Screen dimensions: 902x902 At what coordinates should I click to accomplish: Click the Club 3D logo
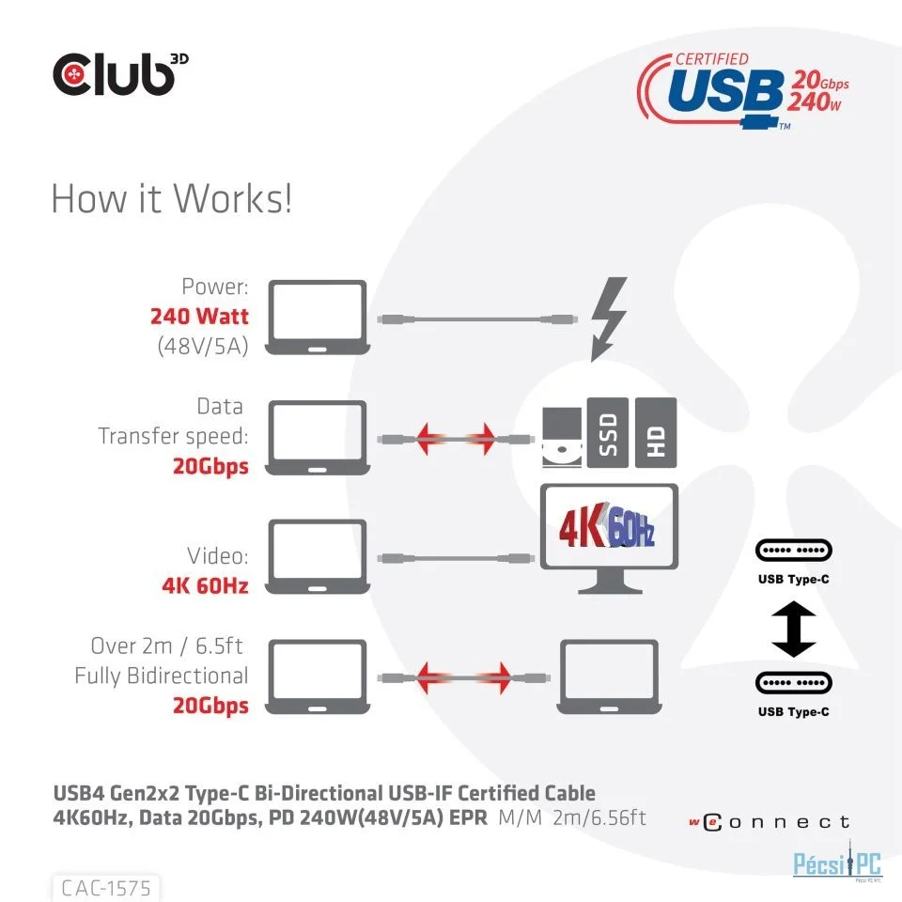tap(120, 74)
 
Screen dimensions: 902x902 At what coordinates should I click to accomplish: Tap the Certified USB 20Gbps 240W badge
tap(742, 91)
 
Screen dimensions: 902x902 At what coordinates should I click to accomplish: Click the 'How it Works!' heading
tap(171, 198)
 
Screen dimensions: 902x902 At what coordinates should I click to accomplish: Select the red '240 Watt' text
tap(199, 316)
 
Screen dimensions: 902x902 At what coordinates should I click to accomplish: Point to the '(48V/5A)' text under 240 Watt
tap(203, 346)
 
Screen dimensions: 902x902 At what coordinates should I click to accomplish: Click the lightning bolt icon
tap(609, 319)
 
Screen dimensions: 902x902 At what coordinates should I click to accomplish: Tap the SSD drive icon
tap(608, 432)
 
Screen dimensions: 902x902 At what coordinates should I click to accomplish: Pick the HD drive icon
tap(656, 432)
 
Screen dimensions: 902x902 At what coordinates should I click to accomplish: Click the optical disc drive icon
tap(562, 437)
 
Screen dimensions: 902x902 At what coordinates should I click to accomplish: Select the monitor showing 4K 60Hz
tap(609, 537)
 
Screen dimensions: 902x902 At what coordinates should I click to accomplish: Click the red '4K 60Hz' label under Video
tap(205, 585)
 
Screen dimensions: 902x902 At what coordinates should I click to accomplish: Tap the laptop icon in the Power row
tap(317, 318)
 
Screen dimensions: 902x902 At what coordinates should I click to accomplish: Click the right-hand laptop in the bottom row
tap(609, 677)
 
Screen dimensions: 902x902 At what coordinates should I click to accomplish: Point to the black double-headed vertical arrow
tap(793, 629)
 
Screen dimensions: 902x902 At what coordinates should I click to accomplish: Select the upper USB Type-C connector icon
tap(793, 551)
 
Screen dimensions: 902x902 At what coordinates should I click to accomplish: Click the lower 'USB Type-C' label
tap(793, 711)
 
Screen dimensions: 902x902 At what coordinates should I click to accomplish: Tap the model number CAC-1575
tap(106, 888)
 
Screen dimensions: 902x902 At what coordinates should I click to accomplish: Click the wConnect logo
tap(770, 822)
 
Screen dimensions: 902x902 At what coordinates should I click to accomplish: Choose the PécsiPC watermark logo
tap(837, 863)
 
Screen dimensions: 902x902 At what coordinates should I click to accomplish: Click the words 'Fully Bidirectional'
tap(161, 676)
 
